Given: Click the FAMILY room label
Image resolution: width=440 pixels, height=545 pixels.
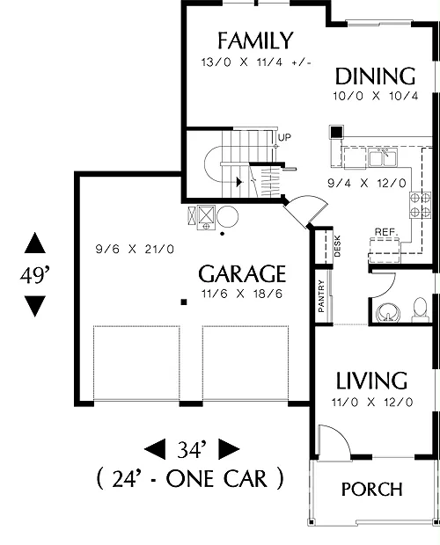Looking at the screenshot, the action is (x=255, y=40).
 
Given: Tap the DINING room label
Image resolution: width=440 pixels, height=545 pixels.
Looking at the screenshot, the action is (x=375, y=76).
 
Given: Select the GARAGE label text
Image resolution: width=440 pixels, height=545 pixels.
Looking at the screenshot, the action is (x=242, y=273).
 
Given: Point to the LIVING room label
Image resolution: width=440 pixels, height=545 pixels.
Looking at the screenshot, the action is (x=372, y=381).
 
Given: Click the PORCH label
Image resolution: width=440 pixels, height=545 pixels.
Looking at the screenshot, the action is (x=372, y=490).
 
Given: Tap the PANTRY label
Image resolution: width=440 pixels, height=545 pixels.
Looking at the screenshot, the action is (x=321, y=296).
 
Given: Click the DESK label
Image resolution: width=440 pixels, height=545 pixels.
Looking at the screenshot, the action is (x=337, y=246).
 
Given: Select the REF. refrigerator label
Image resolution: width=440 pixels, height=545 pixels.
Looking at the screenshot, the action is (x=385, y=232).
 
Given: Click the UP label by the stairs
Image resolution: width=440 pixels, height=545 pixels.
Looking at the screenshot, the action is (x=284, y=138).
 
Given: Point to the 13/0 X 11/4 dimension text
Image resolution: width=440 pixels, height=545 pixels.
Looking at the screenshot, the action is (x=256, y=62).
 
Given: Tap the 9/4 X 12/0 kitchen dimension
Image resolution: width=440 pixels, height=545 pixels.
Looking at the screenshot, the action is (x=367, y=183).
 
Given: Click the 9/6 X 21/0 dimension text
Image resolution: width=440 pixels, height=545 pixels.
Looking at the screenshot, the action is (x=135, y=250).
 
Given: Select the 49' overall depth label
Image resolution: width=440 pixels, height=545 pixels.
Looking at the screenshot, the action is (x=35, y=276).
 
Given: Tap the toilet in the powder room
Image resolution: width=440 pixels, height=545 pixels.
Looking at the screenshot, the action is (x=420, y=309).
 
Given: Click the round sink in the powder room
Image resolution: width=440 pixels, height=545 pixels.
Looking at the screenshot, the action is (x=388, y=312).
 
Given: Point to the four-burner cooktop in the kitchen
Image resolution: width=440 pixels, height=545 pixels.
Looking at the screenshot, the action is (x=420, y=205).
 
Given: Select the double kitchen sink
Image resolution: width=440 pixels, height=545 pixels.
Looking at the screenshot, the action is (x=383, y=158).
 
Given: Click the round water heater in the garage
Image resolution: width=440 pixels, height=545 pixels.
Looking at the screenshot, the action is (x=227, y=216).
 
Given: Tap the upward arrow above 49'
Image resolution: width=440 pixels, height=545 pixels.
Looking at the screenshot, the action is (x=35, y=243).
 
